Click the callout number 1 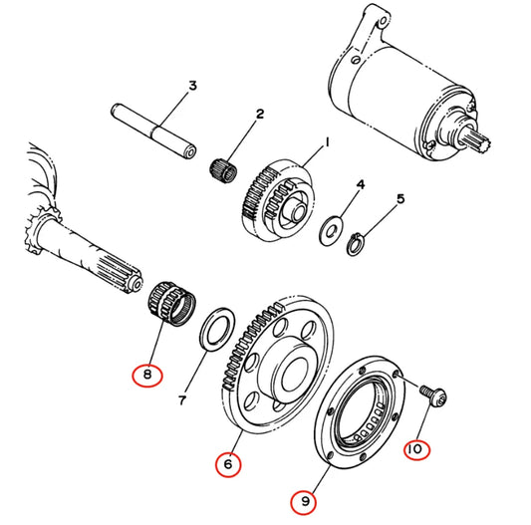(327, 142)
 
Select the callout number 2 (259, 114)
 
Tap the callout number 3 (192, 86)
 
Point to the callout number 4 (361, 185)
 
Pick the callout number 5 (400, 199)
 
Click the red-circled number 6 (228, 464)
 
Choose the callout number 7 (182, 400)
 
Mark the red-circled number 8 (147, 375)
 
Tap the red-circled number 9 (304, 501)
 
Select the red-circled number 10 (416, 449)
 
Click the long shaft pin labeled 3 (153, 131)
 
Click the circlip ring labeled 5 (356, 244)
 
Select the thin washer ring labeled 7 (217, 329)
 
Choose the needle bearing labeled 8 (172, 303)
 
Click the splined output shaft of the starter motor (478, 141)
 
